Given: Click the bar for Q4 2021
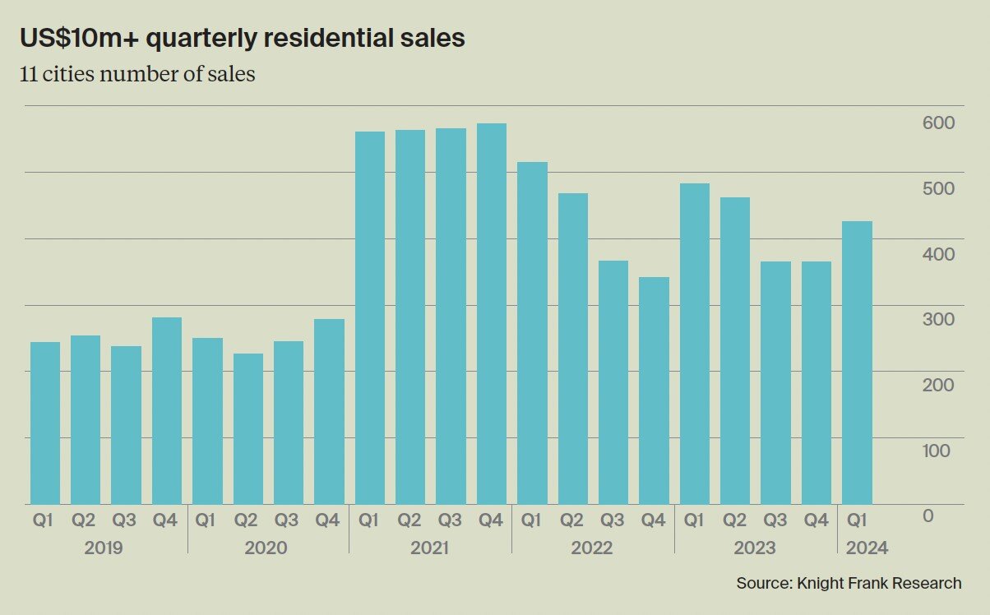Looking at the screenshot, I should (x=491, y=314).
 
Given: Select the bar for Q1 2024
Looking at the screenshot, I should (x=858, y=363).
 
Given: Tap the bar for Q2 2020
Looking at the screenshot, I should (x=247, y=428).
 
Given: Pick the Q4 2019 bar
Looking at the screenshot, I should (x=167, y=410).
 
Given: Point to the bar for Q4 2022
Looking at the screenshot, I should (x=654, y=391).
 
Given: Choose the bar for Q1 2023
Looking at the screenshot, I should (x=695, y=344).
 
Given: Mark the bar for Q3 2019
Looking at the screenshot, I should (x=126, y=425).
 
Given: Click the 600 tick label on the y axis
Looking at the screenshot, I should (x=938, y=123).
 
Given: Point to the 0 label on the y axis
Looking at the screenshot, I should (x=928, y=516).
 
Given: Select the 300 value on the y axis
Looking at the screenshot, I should (x=938, y=319).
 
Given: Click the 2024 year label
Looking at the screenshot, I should (x=867, y=548).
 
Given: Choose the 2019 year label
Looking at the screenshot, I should (x=104, y=548).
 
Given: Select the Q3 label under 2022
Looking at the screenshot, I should (x=613, y=520).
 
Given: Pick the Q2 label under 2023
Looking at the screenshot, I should (x=735, y=520).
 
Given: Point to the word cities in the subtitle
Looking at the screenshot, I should (x=70, y=74).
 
